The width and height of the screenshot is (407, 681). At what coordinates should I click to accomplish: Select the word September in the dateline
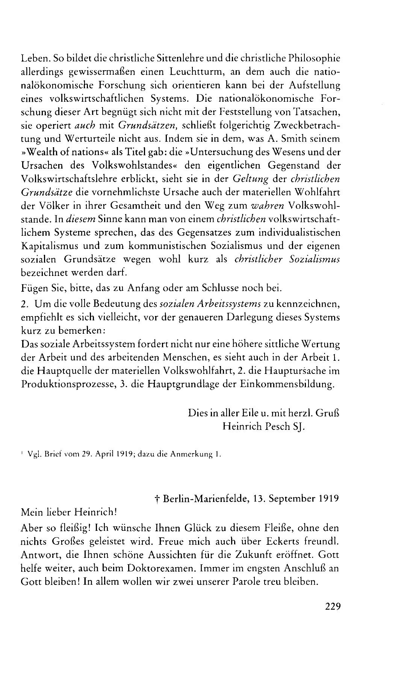click(x=284, y=499)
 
